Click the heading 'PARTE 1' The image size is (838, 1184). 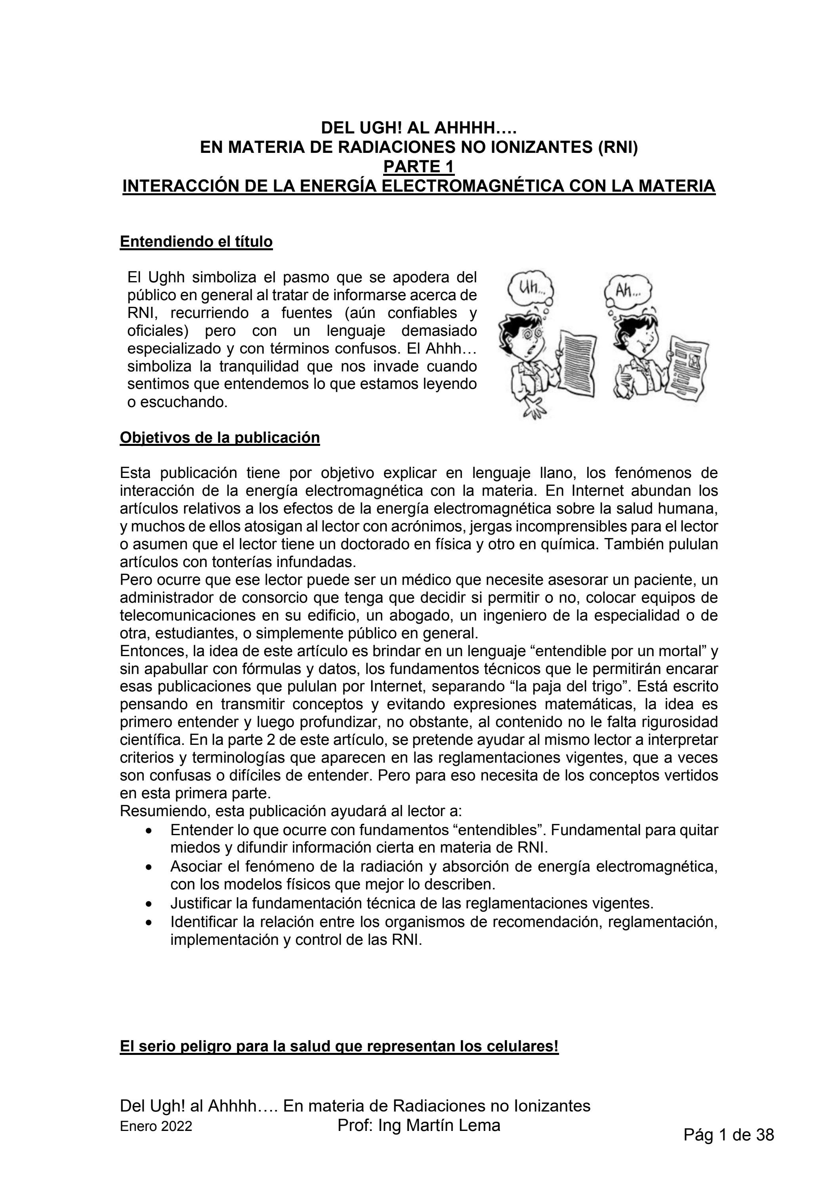(x=418, y=167)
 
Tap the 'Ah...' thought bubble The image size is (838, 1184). (x=628, y=290)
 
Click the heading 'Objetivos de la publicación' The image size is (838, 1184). (x=220, y=438)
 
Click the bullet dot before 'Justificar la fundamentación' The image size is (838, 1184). (x=149, y=904)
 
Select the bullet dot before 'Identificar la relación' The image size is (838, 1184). (x=149, y=921)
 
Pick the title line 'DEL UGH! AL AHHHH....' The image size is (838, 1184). (x=418, y=127)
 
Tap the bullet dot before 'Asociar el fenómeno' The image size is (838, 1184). (x=149, y=868)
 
